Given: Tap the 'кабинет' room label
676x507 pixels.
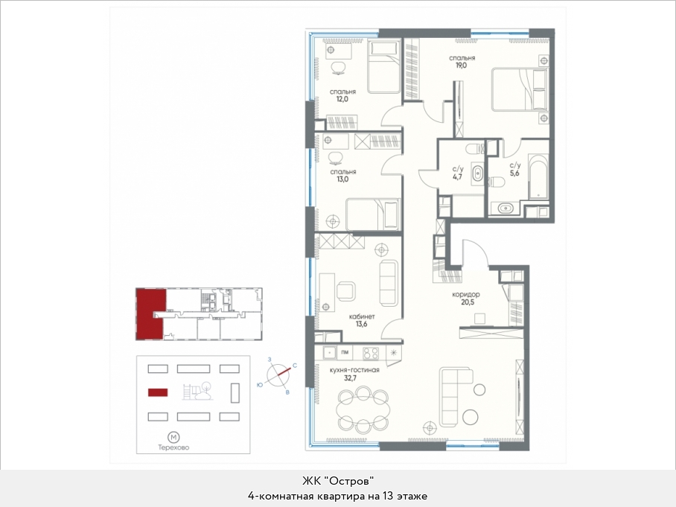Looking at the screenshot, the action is coord(361,316).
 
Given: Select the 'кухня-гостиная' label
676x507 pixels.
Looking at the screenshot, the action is coord(354,370).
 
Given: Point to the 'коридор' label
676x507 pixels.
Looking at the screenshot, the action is coord(466,295).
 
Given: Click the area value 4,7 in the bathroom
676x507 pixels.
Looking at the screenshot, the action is coord(457,176).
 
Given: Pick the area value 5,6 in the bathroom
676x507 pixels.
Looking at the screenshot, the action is coord(514,173).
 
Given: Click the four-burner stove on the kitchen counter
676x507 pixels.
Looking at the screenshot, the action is coord(371,353).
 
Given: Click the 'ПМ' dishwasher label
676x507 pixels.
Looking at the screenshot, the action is coord(345,352).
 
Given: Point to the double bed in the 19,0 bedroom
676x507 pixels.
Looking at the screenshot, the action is coord(520,89).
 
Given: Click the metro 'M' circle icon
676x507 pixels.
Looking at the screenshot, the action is coord(173,438).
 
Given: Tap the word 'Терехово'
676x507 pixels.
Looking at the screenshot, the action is coord(173,447).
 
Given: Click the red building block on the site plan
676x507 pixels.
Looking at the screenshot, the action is coord(158,392).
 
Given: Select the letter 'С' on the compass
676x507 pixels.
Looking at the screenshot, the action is coord(295,366).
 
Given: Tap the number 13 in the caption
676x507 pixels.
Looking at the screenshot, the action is coord(386,496).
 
